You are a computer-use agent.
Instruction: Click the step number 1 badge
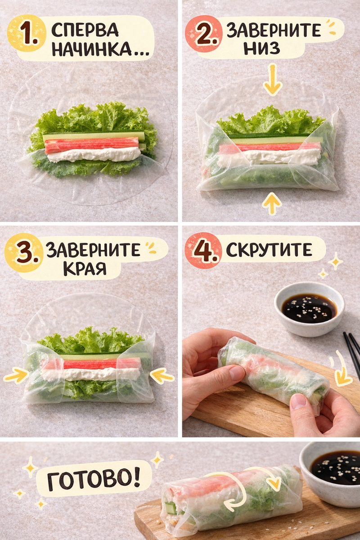(x=26, y=34)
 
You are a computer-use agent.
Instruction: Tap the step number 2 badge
(x=204, y=34)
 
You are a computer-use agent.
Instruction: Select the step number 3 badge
(x=24, y=252)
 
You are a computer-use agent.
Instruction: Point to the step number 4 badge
(x=203, y=251)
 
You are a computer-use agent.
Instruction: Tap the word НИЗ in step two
(x=261, y=48)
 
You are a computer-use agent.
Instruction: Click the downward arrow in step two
(x=272, y=80)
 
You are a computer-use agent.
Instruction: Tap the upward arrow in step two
(x=272, y=204)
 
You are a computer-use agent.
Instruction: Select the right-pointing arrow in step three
(x=16, y=375)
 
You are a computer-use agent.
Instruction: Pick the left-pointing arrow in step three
(x=162, y=376)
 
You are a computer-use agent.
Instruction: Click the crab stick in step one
(x=92, y=145)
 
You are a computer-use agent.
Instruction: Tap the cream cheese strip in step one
(x=94, y=154)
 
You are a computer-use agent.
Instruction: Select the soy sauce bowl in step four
(x=310, y=309)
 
